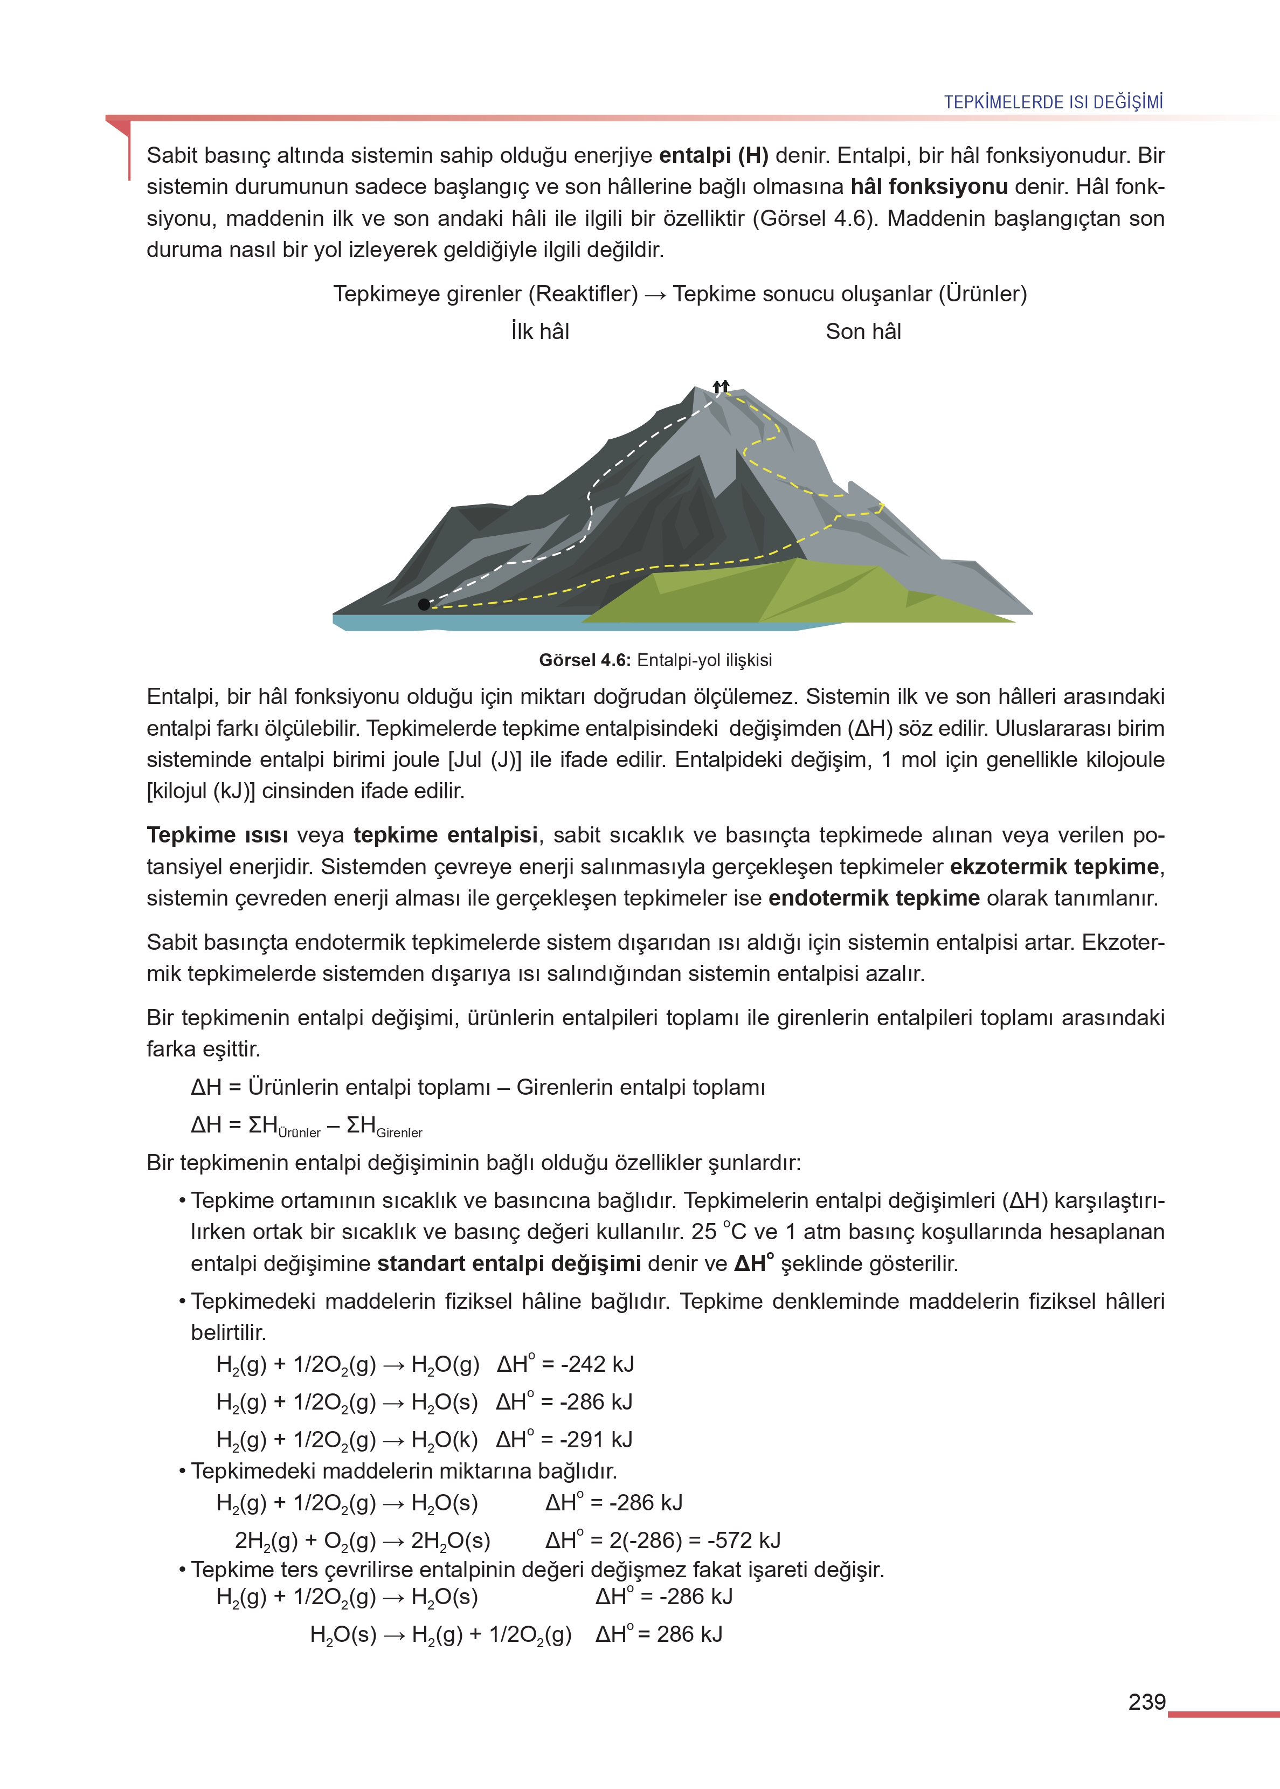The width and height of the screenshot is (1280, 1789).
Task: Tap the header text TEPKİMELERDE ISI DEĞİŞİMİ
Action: pos(1053,102)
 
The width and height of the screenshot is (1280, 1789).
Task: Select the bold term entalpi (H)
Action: pos(714,155)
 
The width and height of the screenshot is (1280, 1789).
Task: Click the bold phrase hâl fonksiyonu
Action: pos(929,187)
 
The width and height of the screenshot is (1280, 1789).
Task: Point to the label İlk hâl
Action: pos(540,332)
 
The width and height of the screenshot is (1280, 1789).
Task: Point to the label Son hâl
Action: pos(863,332)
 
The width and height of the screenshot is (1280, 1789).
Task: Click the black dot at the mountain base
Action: pos(424,604)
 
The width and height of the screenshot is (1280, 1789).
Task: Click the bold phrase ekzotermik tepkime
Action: pos(1054,867)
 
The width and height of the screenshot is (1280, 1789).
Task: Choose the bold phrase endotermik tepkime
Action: pos(873,899)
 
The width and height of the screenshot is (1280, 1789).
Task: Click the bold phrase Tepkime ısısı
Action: pos(218,835)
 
